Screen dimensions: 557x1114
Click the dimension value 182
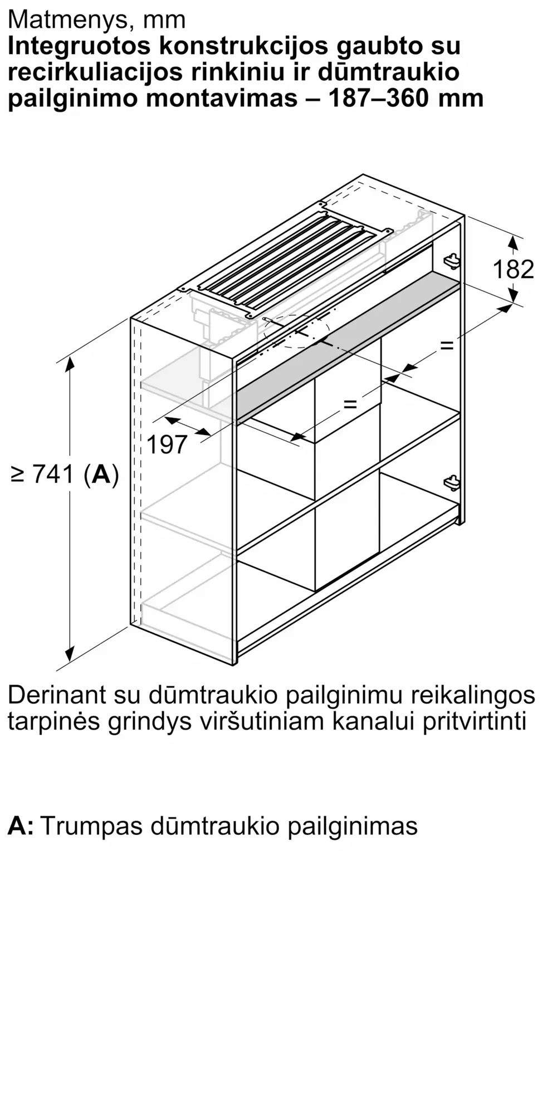tap(513, 270)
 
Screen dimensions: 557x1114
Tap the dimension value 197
tap(167, 444)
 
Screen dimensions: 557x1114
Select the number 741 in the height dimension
tap(53, 474)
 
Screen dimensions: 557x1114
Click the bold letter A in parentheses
tap(101, 474)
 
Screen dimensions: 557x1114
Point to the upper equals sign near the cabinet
tap(447, 345)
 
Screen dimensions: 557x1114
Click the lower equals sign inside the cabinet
tap(349, 403)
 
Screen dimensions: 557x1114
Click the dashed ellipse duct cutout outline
tap(296, 331)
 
